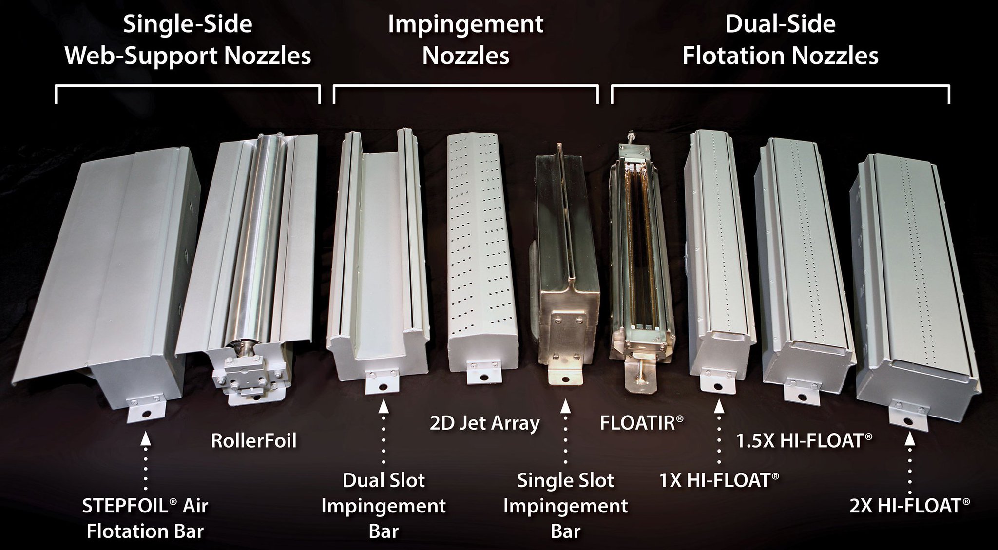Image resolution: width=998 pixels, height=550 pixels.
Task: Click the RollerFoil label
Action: click(254, 441)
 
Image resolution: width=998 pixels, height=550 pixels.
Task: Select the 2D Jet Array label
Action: click(484, 423)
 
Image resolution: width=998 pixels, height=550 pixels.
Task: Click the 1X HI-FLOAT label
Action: click(718, 480)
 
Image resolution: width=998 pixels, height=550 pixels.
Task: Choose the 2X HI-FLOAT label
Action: click(909, 506)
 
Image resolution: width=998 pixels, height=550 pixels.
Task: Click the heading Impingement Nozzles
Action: click(465, 40)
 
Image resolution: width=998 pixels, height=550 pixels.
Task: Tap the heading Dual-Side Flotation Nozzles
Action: click(780, 40)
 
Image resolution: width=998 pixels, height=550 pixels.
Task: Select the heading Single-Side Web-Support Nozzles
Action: click(188, 40)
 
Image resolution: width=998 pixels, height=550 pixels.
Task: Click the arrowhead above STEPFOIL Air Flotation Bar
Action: click(145, 438)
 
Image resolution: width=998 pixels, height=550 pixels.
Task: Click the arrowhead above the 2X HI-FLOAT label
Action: click(909, 440)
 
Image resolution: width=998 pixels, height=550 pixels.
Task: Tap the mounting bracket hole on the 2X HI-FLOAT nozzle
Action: click(908, 421)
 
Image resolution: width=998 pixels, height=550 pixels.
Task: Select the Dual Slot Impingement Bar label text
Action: click(384, 506)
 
